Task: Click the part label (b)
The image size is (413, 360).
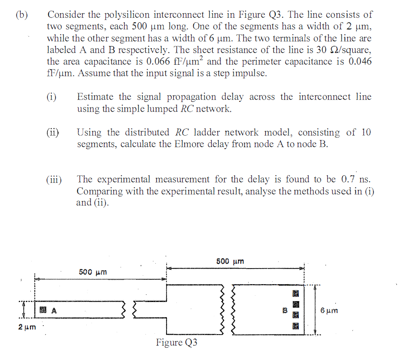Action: pyautogui.click(x=21, y=15)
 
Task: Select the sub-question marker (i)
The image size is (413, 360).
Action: pyautogui.click(x=52, y=97)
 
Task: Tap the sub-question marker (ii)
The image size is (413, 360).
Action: pyautogui.click(x=54, y=132)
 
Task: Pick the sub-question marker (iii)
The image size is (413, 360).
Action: pyautogui.click(x=54, y=180)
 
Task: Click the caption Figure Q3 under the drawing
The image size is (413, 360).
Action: pyautogui.click(x=177, y=343)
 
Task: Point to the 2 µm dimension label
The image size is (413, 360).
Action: pyautogui.click(x=26, y=327)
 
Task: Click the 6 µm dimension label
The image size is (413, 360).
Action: pyautogui.click(x=329, y=310)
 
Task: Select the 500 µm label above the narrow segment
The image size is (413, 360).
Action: pyautogui.click(x=93, y=272)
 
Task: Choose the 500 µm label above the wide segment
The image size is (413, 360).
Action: pyautogui.click(x=230, y=261)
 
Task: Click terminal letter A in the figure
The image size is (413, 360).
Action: pyautogui.click(x=54, y=310)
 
